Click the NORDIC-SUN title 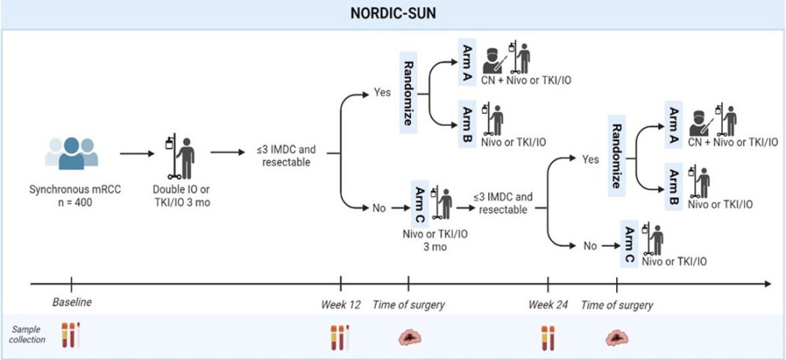pyautogui.click(x=392, y=14)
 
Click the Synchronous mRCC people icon pyautogui.click(x=71, y=153)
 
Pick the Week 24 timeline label pyautogui.click(x=548, y=305)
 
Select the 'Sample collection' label pyautogui.click(x=27, y=334)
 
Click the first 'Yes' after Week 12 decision pyautogui.click(x=382, y=93)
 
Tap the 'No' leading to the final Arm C pyautogui.click(x=591, y=244)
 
